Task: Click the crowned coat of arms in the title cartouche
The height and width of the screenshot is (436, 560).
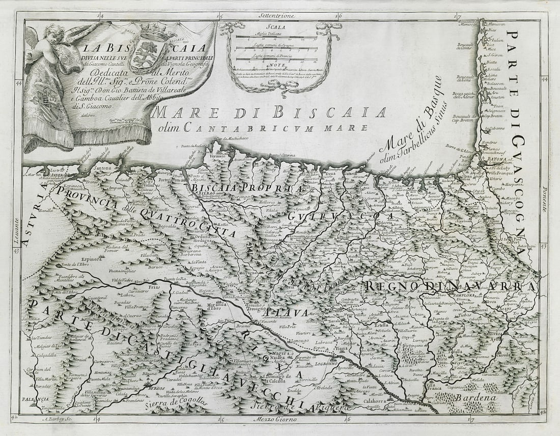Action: coord(149,50)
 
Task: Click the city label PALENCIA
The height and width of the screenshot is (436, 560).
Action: coord(36,399)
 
